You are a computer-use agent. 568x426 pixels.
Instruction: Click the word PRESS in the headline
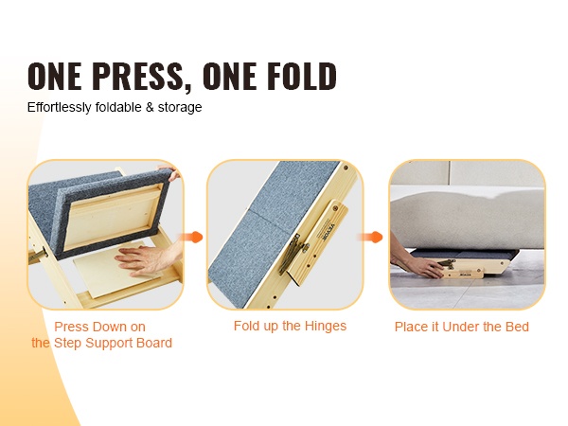[x=137, y=76]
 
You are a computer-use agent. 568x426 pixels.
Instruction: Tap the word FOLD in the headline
[x=302, y=76]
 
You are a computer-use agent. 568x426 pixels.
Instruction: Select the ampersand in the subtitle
[x=150, y=107]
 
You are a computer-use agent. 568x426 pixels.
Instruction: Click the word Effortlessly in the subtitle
[x=59, y=107]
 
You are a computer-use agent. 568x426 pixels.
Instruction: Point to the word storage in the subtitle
[x=180, y=108]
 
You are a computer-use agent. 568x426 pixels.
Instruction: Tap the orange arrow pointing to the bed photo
[x=370, y=238]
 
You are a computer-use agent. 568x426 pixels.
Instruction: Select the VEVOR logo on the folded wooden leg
[x=330, y=228]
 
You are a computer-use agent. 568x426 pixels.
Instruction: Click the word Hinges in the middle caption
[x=326, y=326]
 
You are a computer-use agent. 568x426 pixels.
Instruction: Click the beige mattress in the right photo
[x=468, y=218]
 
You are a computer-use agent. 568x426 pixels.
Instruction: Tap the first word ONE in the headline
[x=54, y=76]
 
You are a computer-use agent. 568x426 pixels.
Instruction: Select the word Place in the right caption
[x=411, y=327]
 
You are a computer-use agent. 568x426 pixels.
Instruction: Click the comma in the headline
[x=187, y=88]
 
